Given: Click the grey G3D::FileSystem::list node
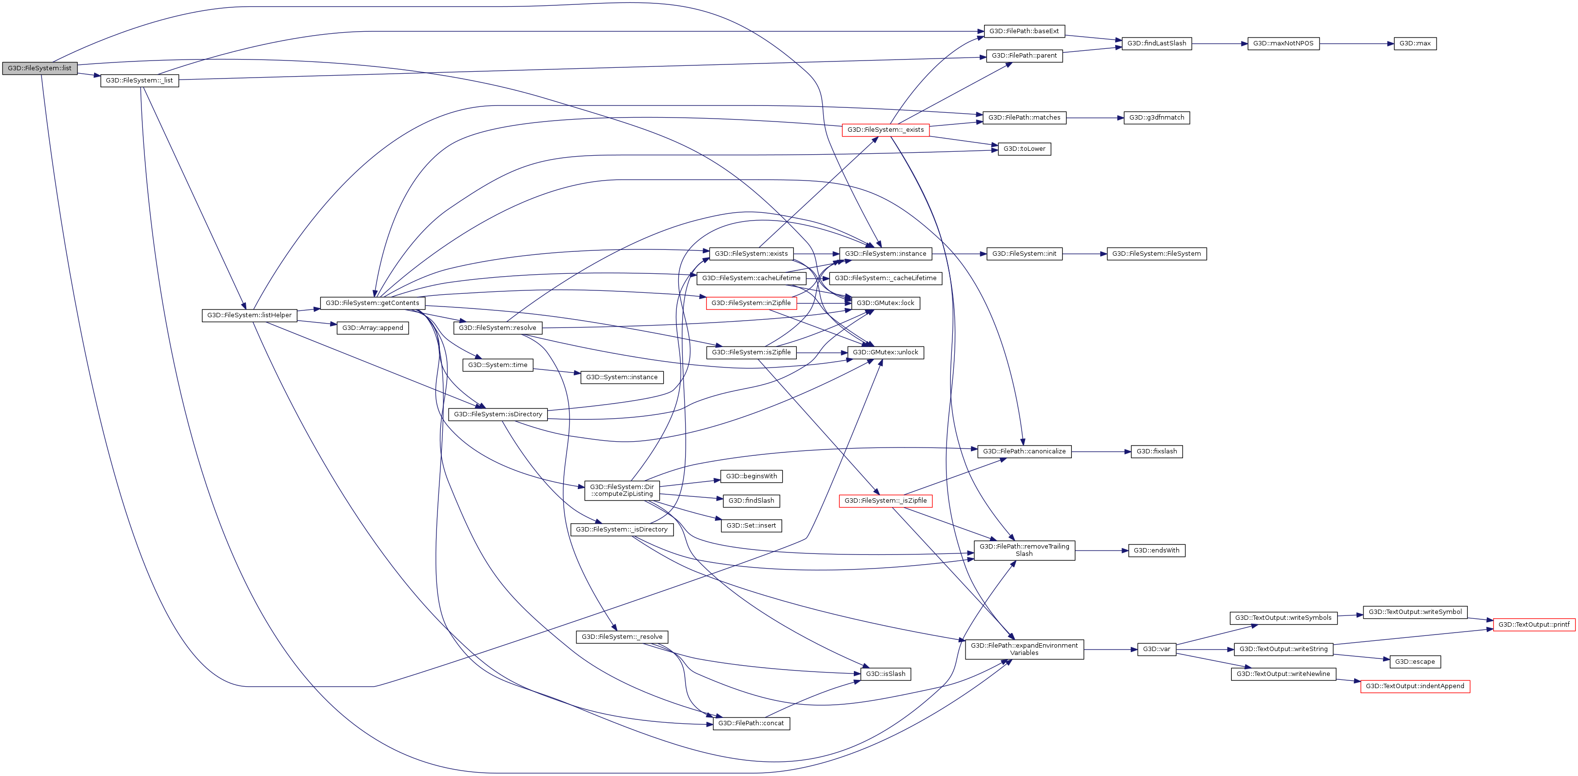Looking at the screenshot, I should [x=39, y=68].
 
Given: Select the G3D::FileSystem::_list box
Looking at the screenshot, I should [x=139, y=81].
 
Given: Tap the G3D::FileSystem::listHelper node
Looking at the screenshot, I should [x=249, y=315].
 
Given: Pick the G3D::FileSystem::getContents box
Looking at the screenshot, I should [x=372, y=303].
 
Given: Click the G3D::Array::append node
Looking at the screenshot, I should [x=373, y=328].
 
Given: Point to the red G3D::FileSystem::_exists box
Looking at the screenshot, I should [x=885, y=130].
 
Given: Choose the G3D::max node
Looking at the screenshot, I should [x=1415, y=43].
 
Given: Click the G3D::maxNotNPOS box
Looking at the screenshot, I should [x=1283, y=43].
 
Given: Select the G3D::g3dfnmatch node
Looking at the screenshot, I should [x=1156, y=118].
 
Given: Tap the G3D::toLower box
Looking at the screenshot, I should [x=1024, y=149].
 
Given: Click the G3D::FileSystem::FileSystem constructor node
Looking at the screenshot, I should [x=1156, y=254].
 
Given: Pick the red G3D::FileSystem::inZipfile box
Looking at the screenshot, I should [x=750, y=303].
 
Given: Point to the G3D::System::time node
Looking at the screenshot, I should [x=497, y=365].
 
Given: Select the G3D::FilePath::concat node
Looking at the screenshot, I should [x=750, y=723].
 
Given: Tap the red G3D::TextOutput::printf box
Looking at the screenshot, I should [x=1533, y=625].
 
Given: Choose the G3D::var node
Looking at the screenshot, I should [x=1156, y=649].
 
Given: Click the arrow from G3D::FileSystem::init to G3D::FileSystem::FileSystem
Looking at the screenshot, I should [x=1084, y=254].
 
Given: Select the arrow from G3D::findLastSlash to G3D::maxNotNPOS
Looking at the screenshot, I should [x=1219, y=43].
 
